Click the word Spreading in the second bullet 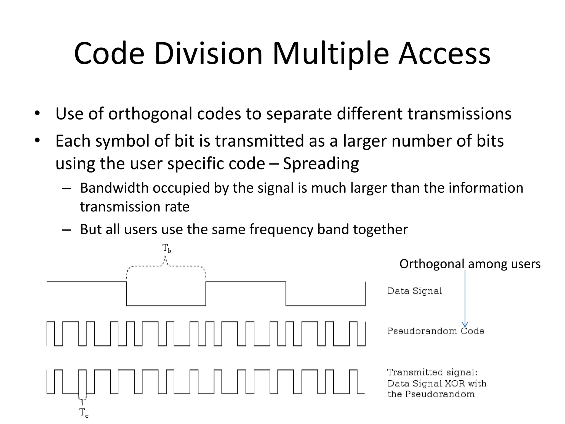(x=321, y=163)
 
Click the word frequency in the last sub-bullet (x=281, y=229)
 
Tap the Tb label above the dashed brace (x=166, y=248)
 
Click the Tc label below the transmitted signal (x=84, y=412)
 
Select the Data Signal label (x=414, y=291)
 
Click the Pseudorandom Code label (x=436, y=331)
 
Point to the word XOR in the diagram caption (x=455, y=383)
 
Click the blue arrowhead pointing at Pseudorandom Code (x=465, y=325)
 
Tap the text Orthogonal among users (x=470, y=264)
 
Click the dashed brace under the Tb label (x=166, y=266)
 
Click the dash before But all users (x=66, y=230)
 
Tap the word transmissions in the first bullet (x=459, y=114)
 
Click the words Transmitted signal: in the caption (x=432, y=372)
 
